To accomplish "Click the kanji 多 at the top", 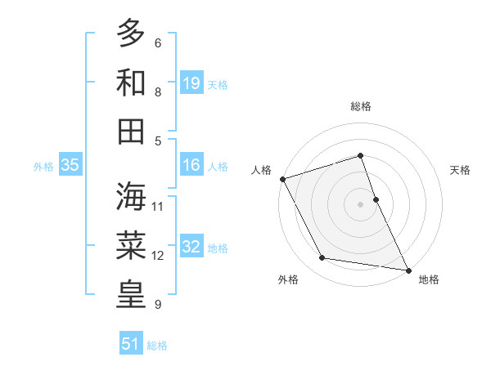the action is pos(131,34).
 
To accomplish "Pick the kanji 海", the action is pos(131,196).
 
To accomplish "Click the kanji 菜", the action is pos(131,245).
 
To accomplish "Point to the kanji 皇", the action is pos(131,294).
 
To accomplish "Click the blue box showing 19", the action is pos(191,83).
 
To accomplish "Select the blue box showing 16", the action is pos(191,165).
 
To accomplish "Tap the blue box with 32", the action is pos(191,247).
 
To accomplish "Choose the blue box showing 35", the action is pos(70,165).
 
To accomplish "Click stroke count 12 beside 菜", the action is pos(158,256).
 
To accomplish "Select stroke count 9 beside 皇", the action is pos(157,305).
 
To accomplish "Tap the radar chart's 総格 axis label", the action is pos(360,106).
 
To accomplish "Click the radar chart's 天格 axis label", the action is pos(461,170).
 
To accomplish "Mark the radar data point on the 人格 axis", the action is pos(283,179).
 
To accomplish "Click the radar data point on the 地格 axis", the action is pos(408,269).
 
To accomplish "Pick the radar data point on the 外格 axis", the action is pos(322,258).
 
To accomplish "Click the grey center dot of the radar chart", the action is pos(360,203).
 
